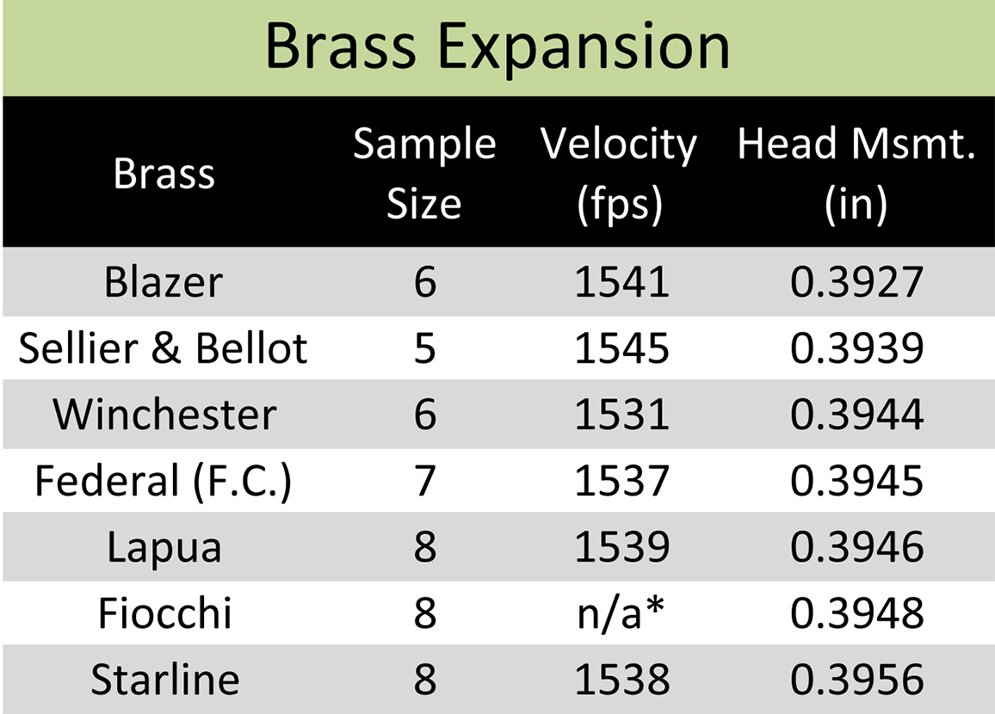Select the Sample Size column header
click(x=424, y=172)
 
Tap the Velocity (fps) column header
click(x=619, y=174)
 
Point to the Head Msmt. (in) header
click(x=856, y=174)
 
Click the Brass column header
click(x=164, y=172)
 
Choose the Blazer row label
click(x=164, y=281)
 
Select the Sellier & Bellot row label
click(x=163, y=348)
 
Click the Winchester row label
click(x=164, y=414)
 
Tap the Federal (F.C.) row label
click(x=163, y=481)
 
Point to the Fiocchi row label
click(x=165, y=613)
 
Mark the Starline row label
click(x=165, y=679)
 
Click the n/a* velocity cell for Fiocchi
click(x=621, y=613)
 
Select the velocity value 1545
click(x=621, y=348)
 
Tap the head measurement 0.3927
click(x=856, y=281)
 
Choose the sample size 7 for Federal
click(x=425, y=481)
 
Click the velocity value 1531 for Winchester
click(x=621, y=415)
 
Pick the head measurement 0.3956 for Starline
click(x=856, y=679)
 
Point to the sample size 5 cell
click(x=425, y=348)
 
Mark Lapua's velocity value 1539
click(x=621, y=547)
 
